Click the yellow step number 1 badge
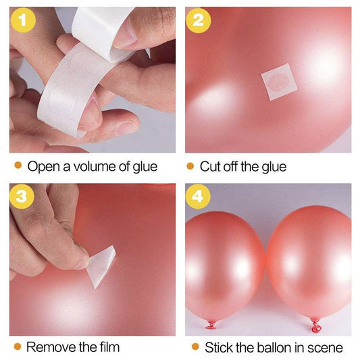pos(23,20)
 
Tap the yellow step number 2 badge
pos(199,20)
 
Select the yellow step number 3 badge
pos(22,197)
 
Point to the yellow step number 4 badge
pos(198,197)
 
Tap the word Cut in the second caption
pos(210,166)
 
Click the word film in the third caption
pos(109,347)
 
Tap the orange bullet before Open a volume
pos(18,165)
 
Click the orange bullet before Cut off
pos(190,166)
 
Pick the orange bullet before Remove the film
pos(18,346)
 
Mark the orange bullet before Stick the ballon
pos(195,346)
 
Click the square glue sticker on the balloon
pos(279,82)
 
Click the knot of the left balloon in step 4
pos(211,325)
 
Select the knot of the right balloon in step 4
pos(315,326)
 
